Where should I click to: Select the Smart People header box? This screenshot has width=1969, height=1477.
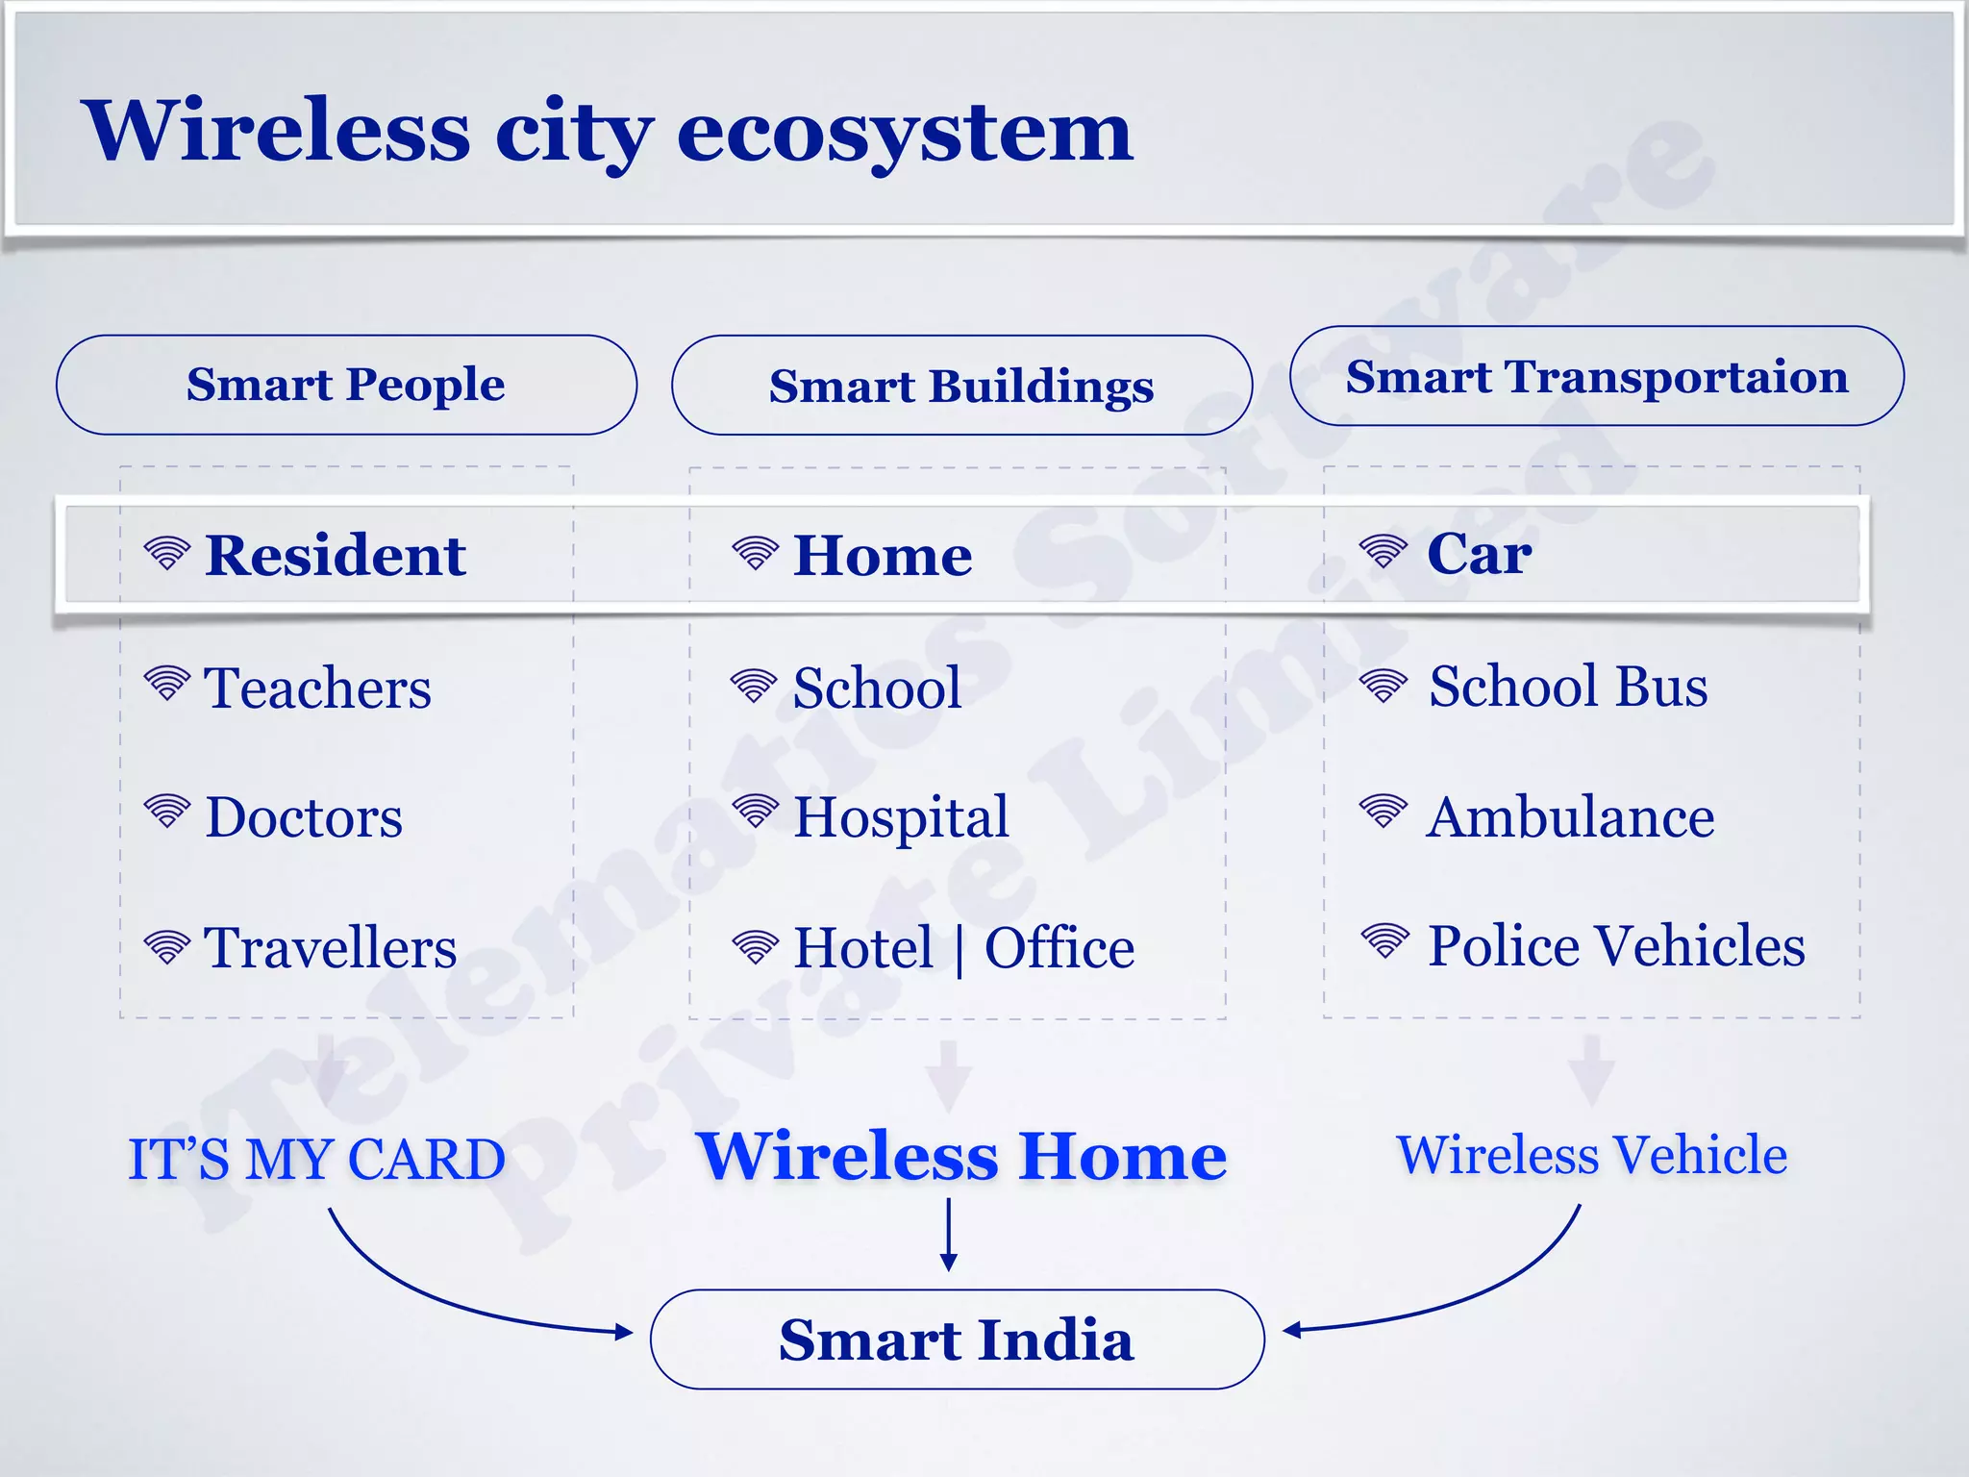click(x=346, y=385)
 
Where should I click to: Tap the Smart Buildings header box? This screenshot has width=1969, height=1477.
click(x=961, y=386)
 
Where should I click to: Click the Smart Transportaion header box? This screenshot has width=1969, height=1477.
click(x=1596, y=376)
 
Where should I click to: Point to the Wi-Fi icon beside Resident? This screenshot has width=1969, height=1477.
click(x=167, y=553)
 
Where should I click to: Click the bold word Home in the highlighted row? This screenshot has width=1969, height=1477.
click(x=883, y=556)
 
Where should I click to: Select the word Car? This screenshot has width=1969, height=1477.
click(x=1479, y=554)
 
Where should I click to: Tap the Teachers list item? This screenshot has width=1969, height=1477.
click(x=317, y=688)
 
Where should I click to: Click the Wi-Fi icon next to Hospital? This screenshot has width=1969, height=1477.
click(x=756, y=811)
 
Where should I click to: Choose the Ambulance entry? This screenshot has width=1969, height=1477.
click(x=1570, y=817)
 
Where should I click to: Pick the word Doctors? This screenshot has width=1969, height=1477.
click(x=304, y=817)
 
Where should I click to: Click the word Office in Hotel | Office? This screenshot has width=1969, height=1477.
click(x=1059, y=948)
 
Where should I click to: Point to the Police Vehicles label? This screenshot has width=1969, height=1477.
click(x=1616, y=945)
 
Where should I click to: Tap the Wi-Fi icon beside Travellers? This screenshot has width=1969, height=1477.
click(x=167, y=947)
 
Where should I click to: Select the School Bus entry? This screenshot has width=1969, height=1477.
click(x=1568, y=687)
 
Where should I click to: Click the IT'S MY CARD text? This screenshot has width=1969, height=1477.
click(x=316, y=1159)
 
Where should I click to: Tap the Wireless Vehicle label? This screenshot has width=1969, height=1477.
click(x=1591, y=1155)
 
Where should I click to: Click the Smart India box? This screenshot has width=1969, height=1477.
click(x=957, y=1339)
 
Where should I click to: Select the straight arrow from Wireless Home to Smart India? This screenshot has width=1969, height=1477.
click(x=949, y=1236)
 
